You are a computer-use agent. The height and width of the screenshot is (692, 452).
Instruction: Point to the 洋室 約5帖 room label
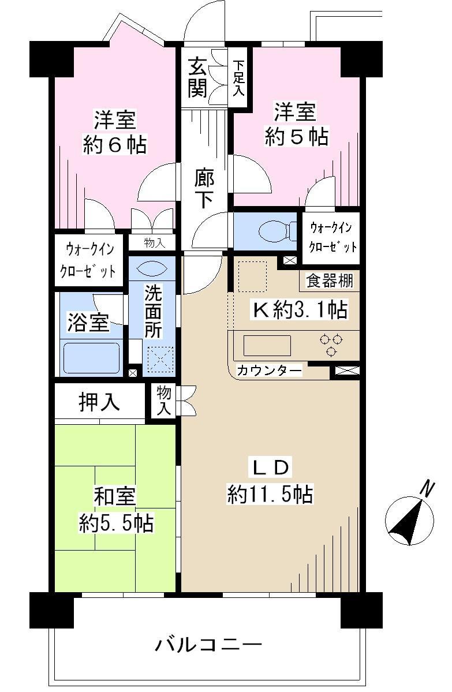click(x=296, y=124)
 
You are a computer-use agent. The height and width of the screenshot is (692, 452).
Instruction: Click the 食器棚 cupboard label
click(x=329, y=280)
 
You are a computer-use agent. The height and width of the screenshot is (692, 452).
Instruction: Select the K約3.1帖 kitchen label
click(x=298, y=310)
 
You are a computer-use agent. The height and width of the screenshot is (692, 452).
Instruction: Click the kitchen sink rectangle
click(x=267, y=345)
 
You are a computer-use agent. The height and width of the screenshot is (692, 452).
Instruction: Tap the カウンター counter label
click(x=270, y=370)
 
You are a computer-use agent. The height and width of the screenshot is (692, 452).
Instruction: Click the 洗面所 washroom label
click(x=153, y=313)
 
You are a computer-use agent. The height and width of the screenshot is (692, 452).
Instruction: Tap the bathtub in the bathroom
click(x=91, y=358)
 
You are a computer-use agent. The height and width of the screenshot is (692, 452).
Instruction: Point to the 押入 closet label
click(x=99, y=402)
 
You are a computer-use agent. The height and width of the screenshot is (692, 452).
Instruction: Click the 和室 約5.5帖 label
click(x=115, y=508)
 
